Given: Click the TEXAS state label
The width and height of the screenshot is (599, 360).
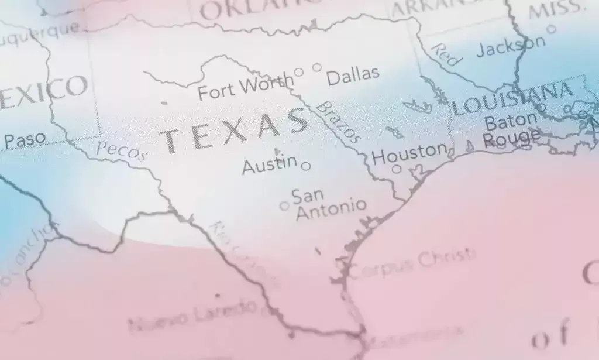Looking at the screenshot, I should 234,130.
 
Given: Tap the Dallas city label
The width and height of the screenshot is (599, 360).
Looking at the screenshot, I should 353,76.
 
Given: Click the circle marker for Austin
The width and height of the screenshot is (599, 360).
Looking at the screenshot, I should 305,166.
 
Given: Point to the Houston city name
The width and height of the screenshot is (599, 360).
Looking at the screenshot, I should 409,154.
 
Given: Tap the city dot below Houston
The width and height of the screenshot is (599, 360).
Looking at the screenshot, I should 397,169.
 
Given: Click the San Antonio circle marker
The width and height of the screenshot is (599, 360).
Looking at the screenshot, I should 284,205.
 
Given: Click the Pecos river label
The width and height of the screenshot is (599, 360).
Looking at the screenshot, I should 121,151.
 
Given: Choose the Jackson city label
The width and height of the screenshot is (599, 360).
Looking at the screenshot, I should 510,46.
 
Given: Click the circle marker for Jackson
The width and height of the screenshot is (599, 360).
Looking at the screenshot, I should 550,29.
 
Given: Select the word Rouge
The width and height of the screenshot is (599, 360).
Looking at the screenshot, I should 510,139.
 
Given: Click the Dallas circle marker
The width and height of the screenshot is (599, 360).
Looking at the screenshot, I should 317,67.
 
